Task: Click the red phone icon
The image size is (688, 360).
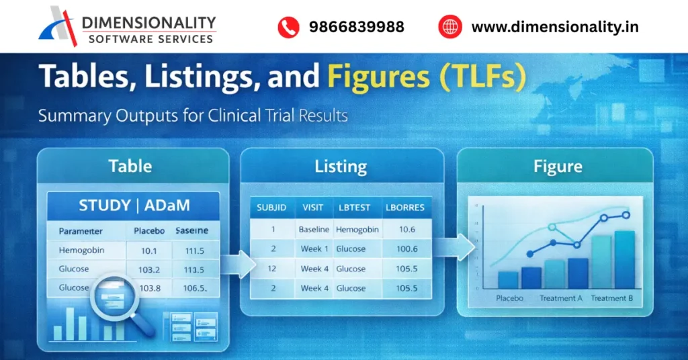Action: pos(288,27)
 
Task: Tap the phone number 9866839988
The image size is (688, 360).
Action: pos(356,27)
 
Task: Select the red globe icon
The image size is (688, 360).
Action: pos(450,27)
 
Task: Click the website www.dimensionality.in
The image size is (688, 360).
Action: pos(554,27)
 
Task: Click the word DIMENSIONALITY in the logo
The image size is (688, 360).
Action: pos(148,24)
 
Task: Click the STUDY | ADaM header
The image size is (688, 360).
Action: pos(133,206)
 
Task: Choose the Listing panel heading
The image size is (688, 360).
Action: pos(341,166)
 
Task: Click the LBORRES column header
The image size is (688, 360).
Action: pos(405,208)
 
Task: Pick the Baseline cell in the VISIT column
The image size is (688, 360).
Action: pos(314,229)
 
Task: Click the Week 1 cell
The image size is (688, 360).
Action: pos(314,249)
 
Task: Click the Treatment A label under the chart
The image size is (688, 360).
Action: pos(560,298)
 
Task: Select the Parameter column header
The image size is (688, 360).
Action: pos(81,230)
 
